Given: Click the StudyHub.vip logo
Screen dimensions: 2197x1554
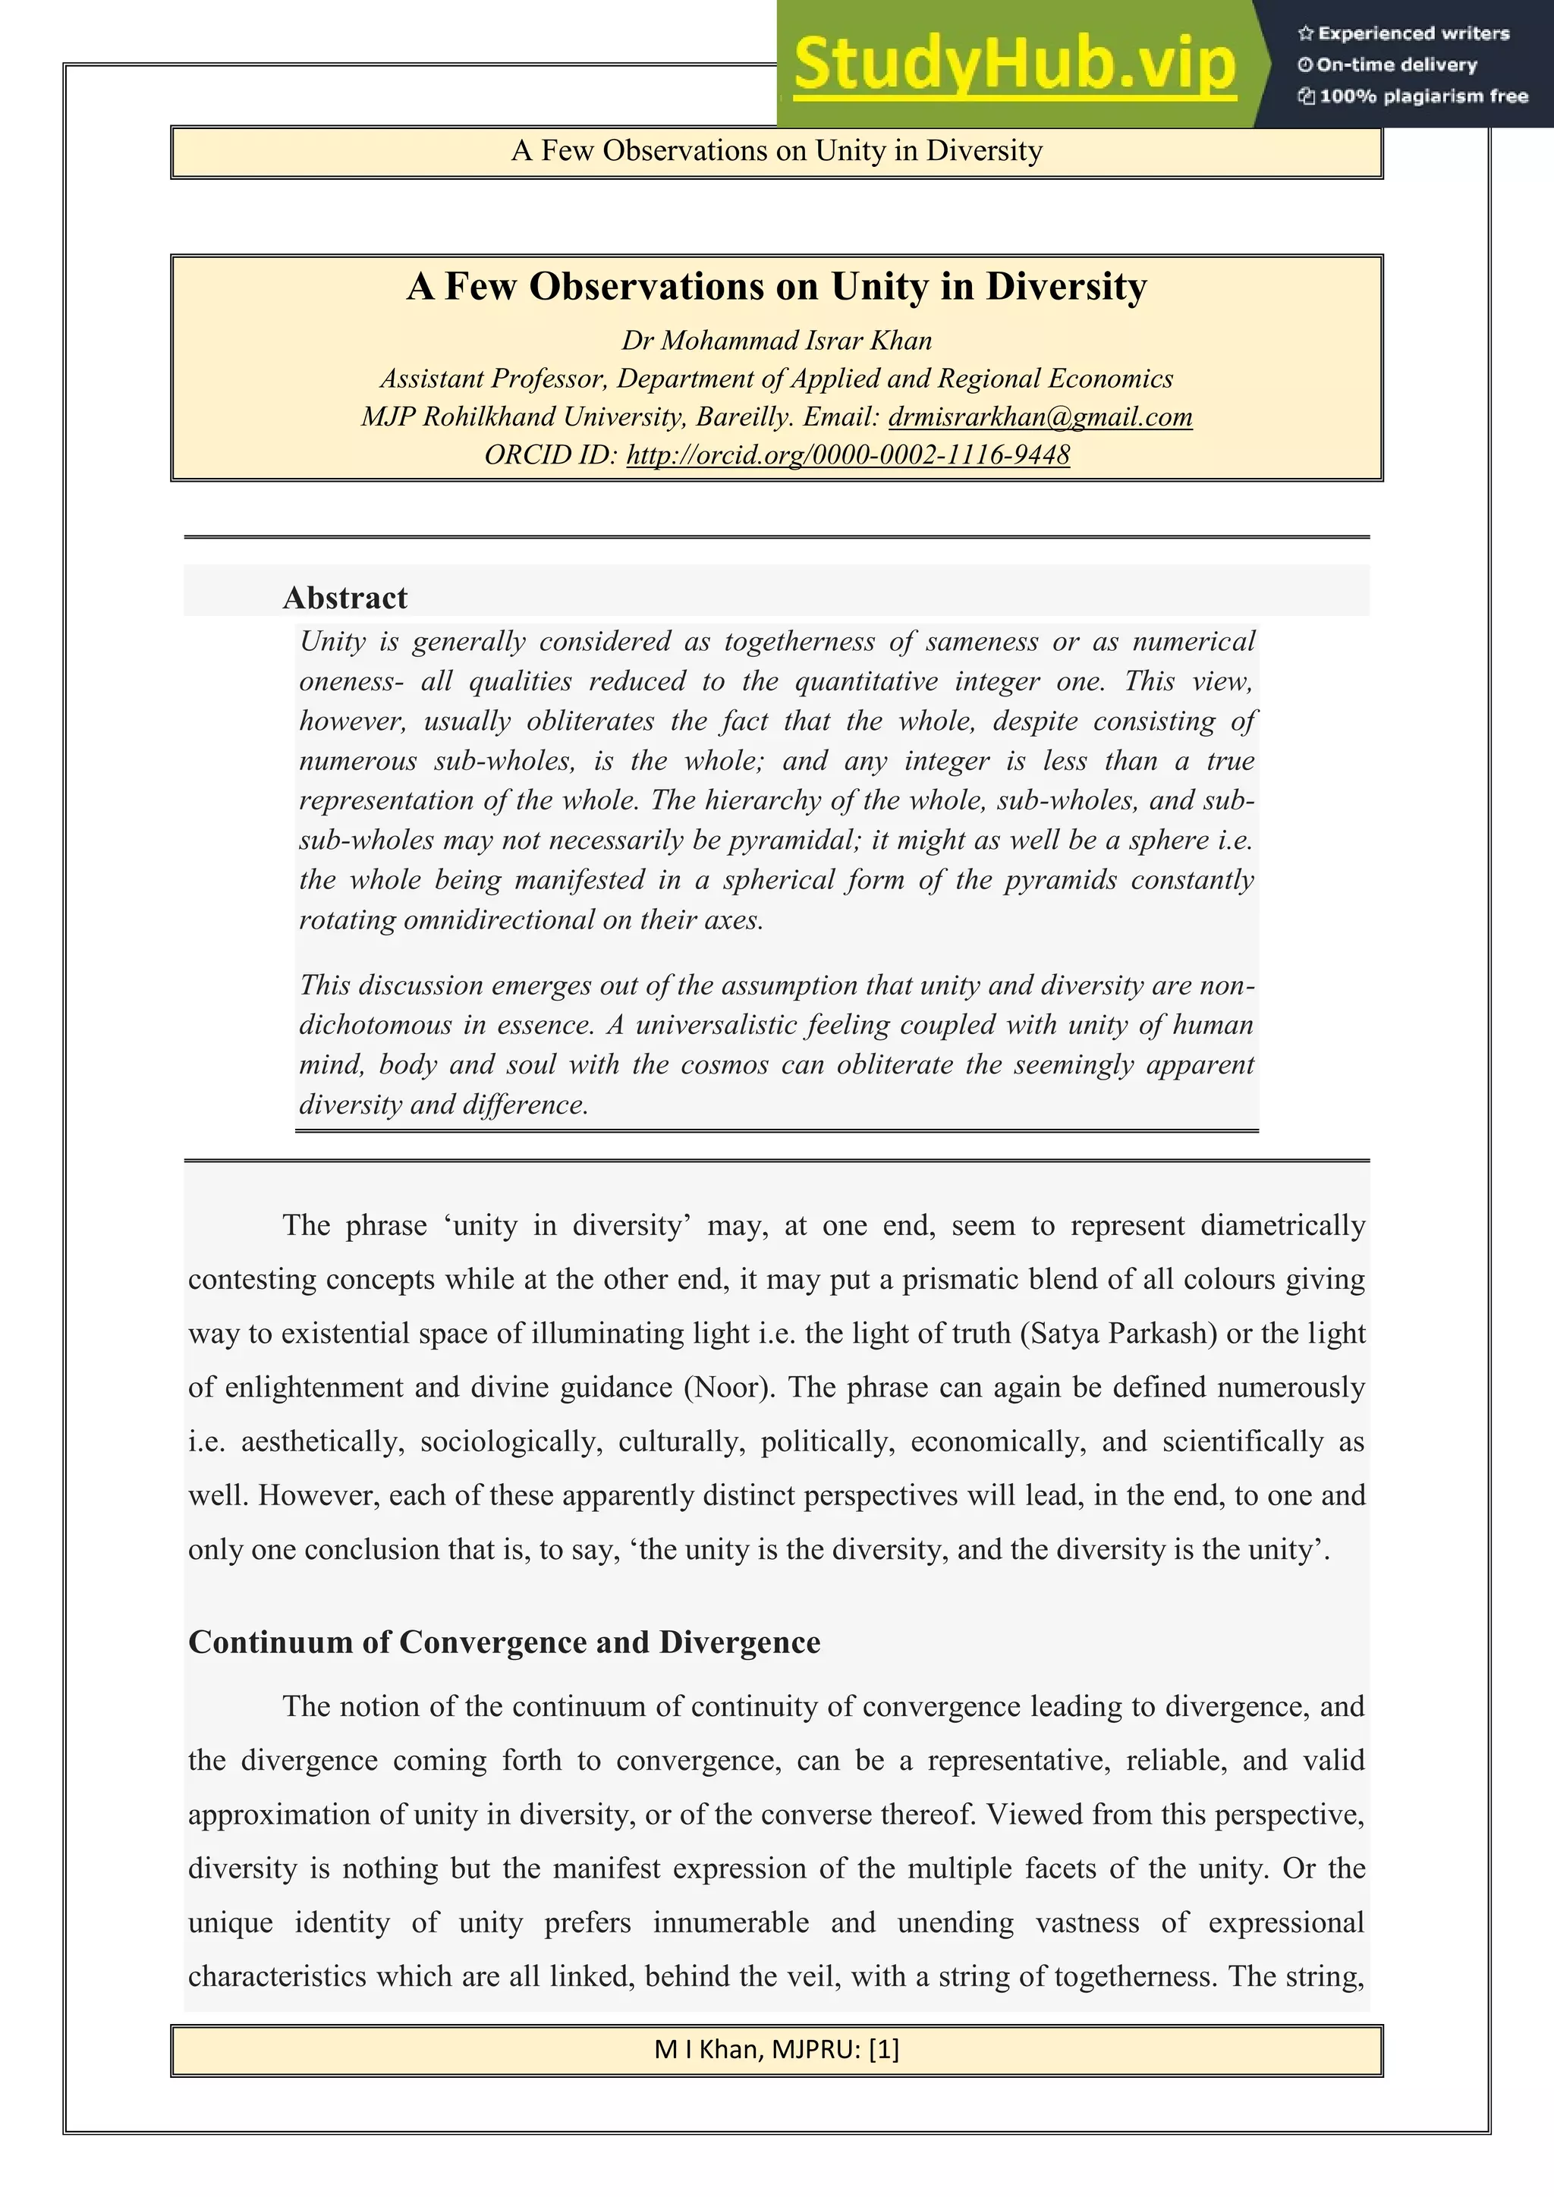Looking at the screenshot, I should coord(1015,65).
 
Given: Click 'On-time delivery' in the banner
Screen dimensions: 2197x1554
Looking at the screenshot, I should coord(1396,65).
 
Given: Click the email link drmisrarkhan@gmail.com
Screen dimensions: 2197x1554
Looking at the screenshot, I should coord(1040,417).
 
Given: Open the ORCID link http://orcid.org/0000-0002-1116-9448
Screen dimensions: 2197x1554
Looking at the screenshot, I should coord(848,454).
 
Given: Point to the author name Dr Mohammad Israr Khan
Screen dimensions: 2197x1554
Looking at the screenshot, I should coord(776,341).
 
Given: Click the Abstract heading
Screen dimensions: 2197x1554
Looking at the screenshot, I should coord(345,598).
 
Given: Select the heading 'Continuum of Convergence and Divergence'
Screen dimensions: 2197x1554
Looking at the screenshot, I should coord(505,1642).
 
